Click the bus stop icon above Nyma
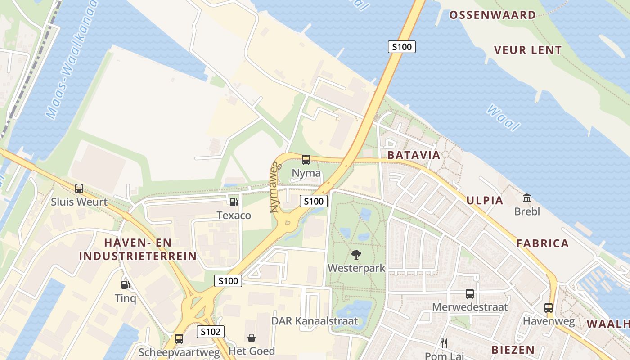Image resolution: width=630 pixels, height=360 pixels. pos(306,159)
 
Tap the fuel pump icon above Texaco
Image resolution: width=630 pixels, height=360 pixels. pos(234,202)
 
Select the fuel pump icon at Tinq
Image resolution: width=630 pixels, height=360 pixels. pos(125,284)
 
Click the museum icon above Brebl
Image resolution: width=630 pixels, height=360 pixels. pos(527,198)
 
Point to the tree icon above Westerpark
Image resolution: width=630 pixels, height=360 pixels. pos(356,255)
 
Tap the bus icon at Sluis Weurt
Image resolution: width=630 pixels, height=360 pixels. pos(79,189)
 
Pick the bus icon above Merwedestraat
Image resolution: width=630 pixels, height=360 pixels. pos(470,294)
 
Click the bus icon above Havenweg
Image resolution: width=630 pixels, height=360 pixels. pos(549,308)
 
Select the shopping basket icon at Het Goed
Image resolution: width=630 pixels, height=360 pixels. pos(252,337)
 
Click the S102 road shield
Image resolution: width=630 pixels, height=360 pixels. pos(211,332)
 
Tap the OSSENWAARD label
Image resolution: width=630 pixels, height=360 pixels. pos(493,15)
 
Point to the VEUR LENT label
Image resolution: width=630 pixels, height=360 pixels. pos(528,50)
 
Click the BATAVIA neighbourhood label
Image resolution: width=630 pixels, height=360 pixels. pos(413,155)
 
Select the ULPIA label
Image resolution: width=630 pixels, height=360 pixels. pos(485,200)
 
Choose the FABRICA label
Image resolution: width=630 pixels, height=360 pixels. pos(542,243)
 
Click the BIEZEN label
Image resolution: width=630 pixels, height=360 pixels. pos(513,350)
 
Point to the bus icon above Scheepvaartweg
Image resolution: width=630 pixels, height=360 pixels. pos(179,338)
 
